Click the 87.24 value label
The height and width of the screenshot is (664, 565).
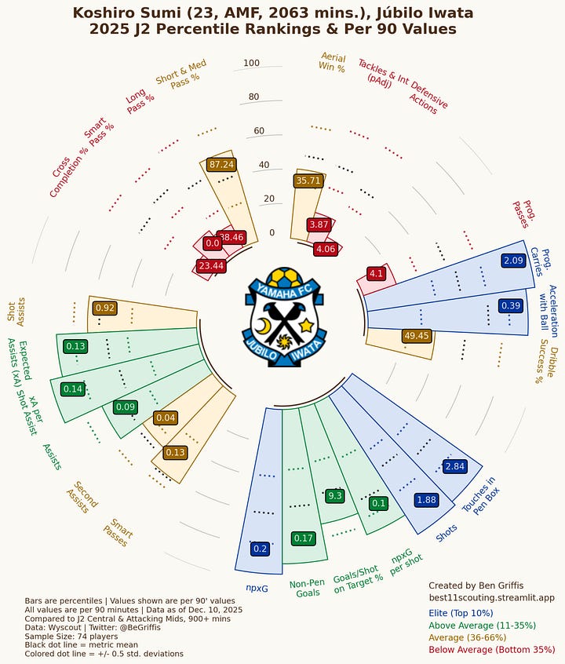[x=222, y=164]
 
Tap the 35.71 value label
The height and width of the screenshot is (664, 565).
[x=308, y=181]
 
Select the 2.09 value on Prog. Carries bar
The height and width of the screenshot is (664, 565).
[x=513, y=260]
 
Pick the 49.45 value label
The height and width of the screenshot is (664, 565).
[x=416, y=336]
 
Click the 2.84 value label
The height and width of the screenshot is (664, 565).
[x=455, y=467]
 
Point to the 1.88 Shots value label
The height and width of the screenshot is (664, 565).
[x=426, y=500]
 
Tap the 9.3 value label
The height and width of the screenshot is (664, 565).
[x=335, y=495]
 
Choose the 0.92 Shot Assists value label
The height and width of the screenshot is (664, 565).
[x=105, y=308]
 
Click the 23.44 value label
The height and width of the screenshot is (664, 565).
[x=210, y=266]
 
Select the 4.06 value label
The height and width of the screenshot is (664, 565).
[x=324, y=249]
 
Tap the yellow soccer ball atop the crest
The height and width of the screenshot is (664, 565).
[x=282, y=278]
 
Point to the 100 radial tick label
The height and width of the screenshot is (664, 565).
[x=251, y=64]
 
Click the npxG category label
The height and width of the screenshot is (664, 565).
[x=257, y=586]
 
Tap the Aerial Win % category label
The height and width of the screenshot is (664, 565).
[x=332, y=61]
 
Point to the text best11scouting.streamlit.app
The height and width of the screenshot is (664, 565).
[x=491, y=597]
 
